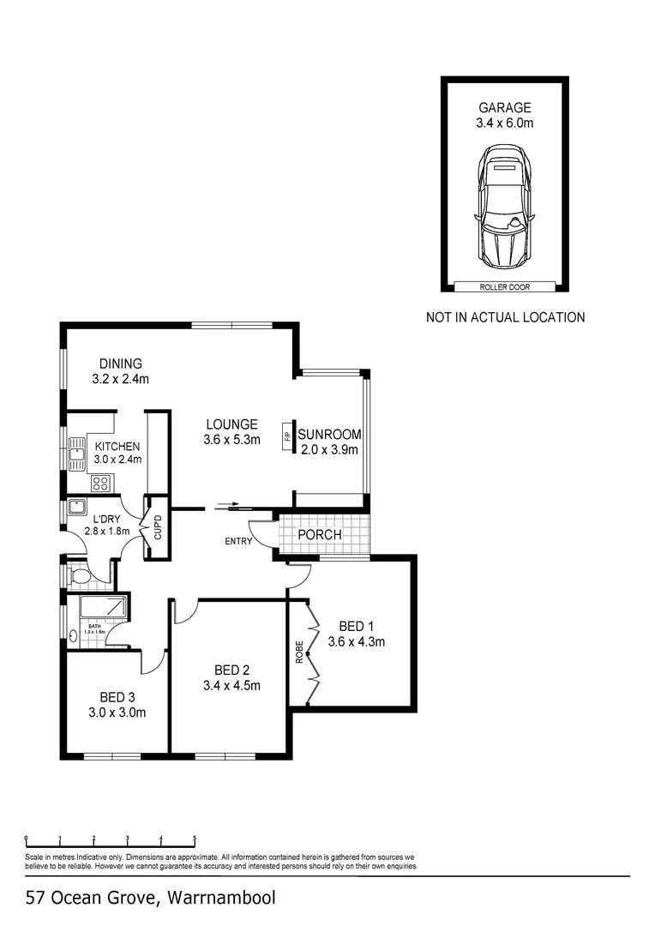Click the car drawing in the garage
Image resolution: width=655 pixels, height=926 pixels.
point(505,205)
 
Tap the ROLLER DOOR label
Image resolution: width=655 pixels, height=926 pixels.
point(505,288)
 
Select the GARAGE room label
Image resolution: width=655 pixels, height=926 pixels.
point(505,108)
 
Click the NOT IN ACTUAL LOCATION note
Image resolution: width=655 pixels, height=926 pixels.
point(505,317)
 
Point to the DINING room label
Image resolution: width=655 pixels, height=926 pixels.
point(120,364)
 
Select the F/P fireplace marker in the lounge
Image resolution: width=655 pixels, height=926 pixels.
point(287,436)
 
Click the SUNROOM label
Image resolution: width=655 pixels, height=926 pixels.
point(329,434)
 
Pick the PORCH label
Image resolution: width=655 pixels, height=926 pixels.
point(320,535)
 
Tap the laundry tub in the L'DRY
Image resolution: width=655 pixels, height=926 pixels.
point(76,506)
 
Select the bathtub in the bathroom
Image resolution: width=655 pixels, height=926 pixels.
point(103,610)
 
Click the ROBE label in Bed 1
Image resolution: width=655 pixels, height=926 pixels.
point(299,653)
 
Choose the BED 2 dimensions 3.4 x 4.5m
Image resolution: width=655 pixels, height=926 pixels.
point(231,685)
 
